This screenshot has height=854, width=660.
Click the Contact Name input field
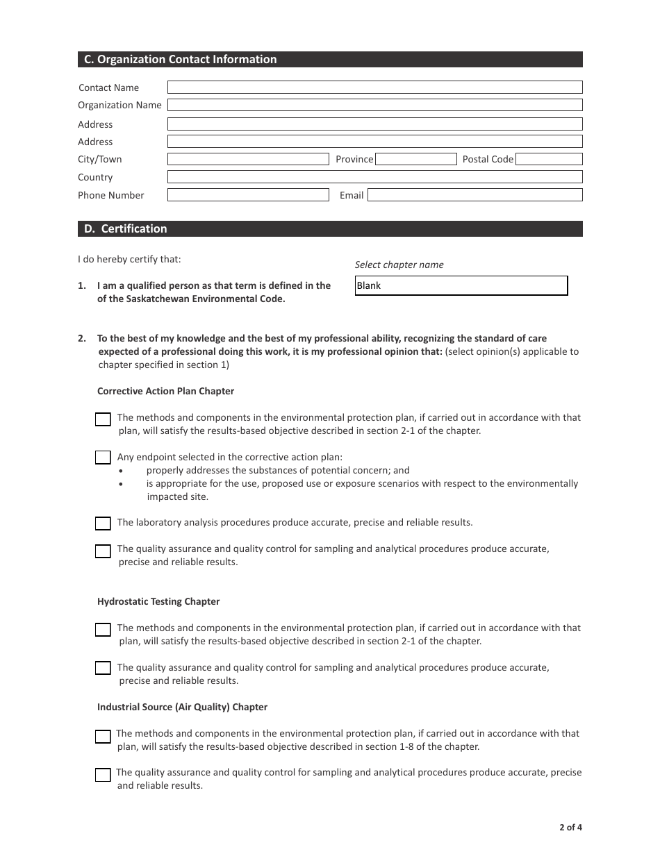pyautogui.click(x=374, y=87)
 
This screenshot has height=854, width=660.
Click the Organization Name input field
pyautogui.click(x=374, y=105)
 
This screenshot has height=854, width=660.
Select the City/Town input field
pyautogui.click(x=248, y=159)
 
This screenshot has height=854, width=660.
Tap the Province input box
pyautogui.click(x=415, y=159)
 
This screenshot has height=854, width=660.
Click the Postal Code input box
pyautogui.click(x=549, y=159)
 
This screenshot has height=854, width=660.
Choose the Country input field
pyautogui.click(x=374, y=177)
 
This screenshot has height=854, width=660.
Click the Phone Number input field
pyautogui.click(x=248, y=195)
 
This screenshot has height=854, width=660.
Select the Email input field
pyautogui.click(x=475, y=195)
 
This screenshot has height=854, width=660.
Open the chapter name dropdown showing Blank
pyautogui.click(x=461, y=285)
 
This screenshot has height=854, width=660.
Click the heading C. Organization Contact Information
pyautogui.click(x=181, y=60)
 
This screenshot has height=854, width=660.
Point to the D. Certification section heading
pyautogui.click(x=126, y=228)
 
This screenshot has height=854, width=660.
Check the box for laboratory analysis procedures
pyautogui.click(x=103, y=524)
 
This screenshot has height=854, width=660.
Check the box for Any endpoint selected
pyautogui.click(x=103, y=458)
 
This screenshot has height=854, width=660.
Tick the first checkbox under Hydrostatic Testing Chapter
pyautogui.click(x=103, y=630)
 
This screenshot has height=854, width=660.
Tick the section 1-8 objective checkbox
pyautogui.click(x=103, y=737)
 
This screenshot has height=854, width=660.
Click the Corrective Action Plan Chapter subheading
pyautogui.click(x=165, y=391)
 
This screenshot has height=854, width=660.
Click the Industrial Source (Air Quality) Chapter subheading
pyautogui.click(x=182, y=707)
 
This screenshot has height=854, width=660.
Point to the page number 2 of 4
pyautogui.click(x=570, y=827)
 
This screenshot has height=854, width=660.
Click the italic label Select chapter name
pyautogui.click(x=399, y=265)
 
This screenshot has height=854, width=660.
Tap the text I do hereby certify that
pyautogui.click(x=129, y=259)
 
